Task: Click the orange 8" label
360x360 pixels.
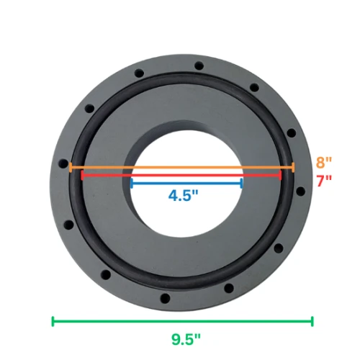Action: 323,162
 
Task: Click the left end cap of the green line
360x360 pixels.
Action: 53,321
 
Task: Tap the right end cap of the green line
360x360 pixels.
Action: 312,321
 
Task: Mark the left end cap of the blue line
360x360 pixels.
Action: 130,183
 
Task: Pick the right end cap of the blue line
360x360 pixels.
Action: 241,183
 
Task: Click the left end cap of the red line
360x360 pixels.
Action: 82,174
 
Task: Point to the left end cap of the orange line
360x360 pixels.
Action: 70,168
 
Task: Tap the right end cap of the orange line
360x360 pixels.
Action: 293,168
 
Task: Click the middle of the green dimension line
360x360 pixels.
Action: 182,321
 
